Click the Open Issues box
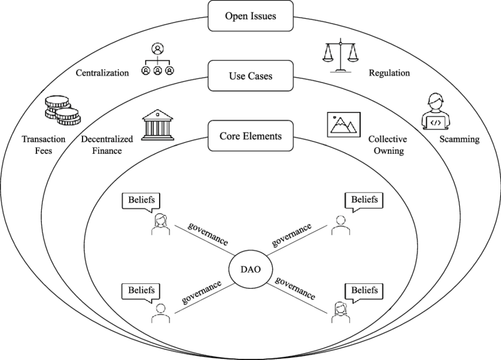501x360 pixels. click(x=250, y=16)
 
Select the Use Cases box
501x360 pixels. click(x=250, y=76)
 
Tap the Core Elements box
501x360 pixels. click(x=250, y=137)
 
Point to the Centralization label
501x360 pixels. click(x=102, y=73)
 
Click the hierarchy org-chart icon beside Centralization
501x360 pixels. click(x=158, y=60)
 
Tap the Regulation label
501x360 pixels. click(x=389, y=73)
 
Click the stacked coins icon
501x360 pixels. click(x=61, y=113)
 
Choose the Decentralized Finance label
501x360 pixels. click(x=107, y=145)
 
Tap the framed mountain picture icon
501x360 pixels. click(x=343, y=125)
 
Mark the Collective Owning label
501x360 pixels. click(x=386, y=145)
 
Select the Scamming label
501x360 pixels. click(x=460, y=140)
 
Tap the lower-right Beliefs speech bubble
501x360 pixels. click(x=365, y=290)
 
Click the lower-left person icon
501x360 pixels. click(x=159, y=313)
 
